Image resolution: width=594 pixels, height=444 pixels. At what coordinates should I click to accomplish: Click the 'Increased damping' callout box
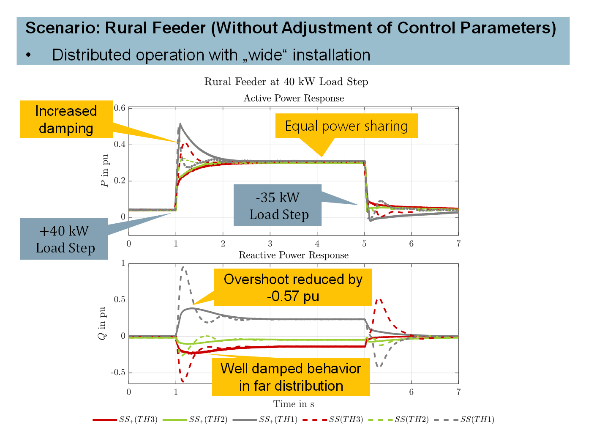[66, 119]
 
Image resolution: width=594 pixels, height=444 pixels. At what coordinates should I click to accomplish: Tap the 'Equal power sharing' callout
[346, 126]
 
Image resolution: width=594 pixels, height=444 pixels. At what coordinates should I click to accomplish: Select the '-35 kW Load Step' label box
[278, 206]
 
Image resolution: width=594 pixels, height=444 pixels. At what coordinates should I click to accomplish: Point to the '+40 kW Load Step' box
[64, 239]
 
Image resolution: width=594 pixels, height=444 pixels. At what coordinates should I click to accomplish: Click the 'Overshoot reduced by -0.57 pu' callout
[293, 287]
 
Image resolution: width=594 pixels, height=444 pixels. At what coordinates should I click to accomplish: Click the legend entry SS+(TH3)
[125, 419]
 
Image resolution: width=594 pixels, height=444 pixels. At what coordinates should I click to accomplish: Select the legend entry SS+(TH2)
[196, 419]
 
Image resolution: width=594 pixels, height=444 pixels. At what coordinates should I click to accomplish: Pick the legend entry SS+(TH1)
[265, 419]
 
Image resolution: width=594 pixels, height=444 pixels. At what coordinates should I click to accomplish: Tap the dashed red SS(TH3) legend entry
[333, 419]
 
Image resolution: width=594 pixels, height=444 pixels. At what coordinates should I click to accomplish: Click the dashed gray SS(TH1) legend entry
[465, 419]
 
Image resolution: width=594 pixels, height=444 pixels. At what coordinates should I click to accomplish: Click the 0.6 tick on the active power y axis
[120, 108]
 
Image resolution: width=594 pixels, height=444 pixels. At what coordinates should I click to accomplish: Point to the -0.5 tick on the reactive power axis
[118, 373]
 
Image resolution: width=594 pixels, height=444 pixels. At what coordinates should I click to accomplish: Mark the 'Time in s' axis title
[294, 404]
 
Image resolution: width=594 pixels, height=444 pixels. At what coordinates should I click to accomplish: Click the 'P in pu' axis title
[104, 171]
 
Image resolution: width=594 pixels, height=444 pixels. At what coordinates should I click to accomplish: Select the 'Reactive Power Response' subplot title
[294, 255]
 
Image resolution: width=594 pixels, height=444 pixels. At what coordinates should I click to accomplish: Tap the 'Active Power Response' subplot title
[294, 99]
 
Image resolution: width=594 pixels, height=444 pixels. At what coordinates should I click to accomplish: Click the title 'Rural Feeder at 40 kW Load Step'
[286, 82]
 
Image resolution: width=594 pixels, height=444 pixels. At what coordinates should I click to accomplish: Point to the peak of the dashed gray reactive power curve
[183, 267]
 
